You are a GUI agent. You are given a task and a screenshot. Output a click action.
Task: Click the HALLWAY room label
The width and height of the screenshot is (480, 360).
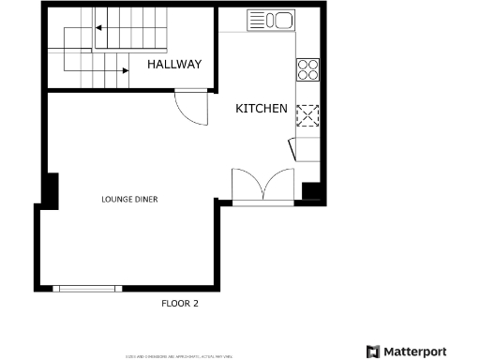click(175, 65)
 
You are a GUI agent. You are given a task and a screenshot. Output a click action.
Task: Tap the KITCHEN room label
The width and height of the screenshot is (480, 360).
click(261, 110)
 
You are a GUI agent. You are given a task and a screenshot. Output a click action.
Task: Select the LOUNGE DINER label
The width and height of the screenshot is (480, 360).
click(129, 200)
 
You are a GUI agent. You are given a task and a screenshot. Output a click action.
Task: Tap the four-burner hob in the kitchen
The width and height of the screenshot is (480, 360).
click(307, 69)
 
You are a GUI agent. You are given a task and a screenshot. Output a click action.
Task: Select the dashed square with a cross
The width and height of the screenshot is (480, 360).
click(307, 115)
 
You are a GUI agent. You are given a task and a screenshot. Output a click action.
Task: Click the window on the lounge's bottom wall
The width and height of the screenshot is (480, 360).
click(86, 288)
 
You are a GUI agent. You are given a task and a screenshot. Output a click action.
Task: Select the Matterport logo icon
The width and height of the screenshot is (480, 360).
click(372, 352)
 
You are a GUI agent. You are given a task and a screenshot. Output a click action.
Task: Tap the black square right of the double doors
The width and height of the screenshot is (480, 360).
click(312, 191)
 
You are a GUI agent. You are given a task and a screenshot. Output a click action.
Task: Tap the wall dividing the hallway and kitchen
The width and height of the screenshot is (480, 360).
click(217, 47)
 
